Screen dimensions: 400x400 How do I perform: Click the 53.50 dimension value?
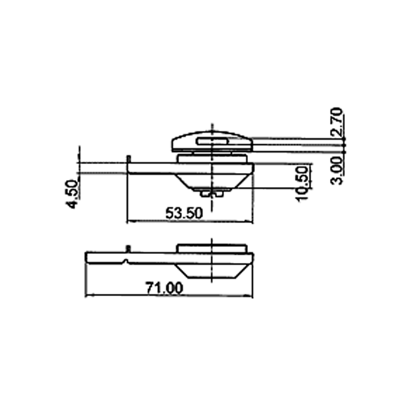[184, 213]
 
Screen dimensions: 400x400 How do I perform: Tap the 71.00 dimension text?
[164, 288]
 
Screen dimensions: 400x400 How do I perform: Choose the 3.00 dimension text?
[338, 170]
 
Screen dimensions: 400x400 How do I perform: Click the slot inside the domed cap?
[212, 141]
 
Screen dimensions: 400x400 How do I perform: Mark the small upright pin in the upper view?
[129, 158]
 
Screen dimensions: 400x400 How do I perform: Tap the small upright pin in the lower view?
[128, 248]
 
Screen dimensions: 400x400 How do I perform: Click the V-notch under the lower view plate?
[125, 261]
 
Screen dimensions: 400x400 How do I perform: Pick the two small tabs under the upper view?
[212, 191]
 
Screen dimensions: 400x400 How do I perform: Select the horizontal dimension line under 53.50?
[190, 222]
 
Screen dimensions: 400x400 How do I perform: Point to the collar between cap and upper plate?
[212, 157]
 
